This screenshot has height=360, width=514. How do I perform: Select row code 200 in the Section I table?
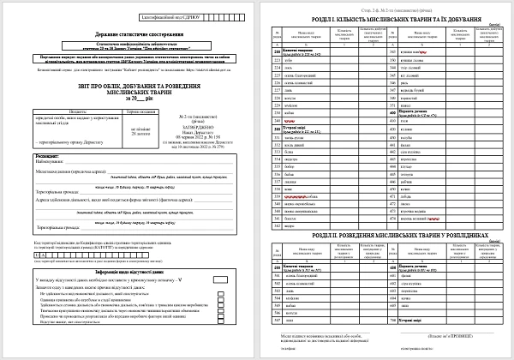(276, 51)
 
